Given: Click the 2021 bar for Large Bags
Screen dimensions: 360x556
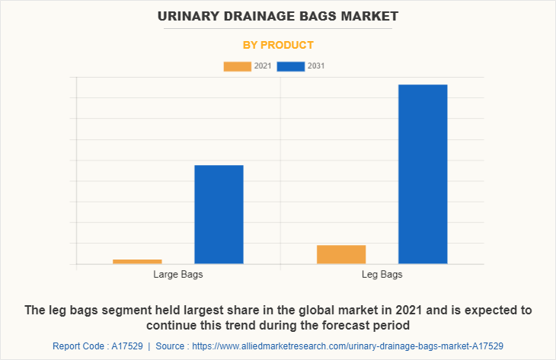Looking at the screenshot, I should click(x=137, y=261).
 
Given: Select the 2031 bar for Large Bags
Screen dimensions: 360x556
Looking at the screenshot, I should click(x=219, y=214).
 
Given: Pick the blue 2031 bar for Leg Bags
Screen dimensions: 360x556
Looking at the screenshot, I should click(x=423, y=174).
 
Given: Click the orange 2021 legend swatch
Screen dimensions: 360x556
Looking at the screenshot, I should click(x=237, y=66).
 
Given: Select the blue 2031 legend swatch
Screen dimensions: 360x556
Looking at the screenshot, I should click(x=291, y=66).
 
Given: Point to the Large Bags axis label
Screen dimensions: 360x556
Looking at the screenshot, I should click(x=178, y=274).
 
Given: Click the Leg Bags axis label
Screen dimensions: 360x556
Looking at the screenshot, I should click(x=382, y=274).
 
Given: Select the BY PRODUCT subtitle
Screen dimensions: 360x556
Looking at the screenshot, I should click(x=278, y=45).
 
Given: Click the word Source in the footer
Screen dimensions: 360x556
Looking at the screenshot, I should click(x=172, y=346).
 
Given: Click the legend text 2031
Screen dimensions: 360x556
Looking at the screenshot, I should click(x=316, y=66).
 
